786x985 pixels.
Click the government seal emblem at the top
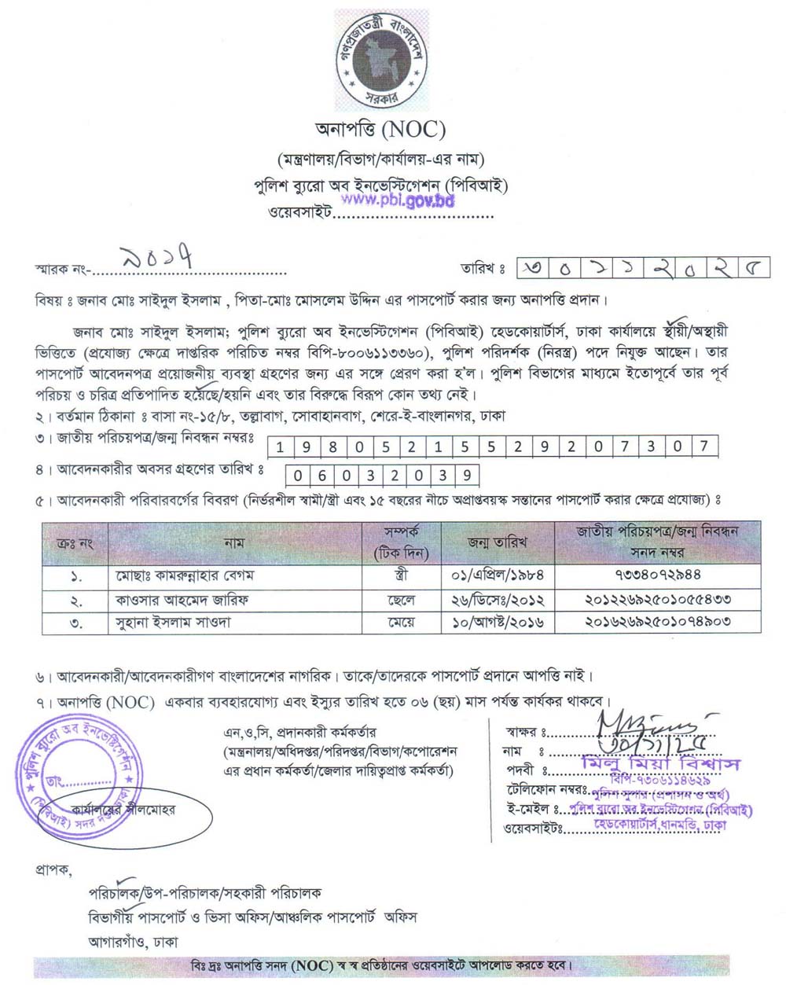coord(382,60)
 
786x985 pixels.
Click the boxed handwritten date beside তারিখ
coord(643,268)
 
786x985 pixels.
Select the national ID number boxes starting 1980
coord(493,447)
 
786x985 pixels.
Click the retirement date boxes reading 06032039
coord(382,475)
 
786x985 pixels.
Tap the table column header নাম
coord(233,542)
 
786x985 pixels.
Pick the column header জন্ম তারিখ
coord(497,542)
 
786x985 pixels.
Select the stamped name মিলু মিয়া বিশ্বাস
coord(660,763)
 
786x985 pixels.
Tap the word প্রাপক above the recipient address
coord(53,870)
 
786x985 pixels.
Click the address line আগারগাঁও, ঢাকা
coord(133,941)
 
